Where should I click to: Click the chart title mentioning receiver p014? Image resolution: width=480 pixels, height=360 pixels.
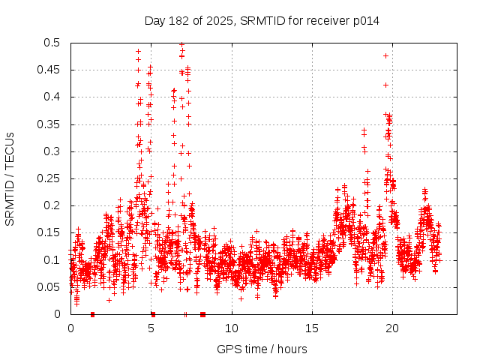[x=262, y=21]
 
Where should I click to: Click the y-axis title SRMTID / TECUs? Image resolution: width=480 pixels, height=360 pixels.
[x=10, y=178]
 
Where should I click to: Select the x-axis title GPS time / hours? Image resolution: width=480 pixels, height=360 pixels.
[x=262, y=349]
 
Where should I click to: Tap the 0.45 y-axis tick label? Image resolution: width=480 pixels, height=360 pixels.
[x=51, y=70]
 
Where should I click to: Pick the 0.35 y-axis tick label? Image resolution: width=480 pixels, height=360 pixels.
[x=51, y=124]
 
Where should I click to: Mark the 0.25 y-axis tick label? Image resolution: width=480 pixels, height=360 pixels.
[x=51, y=178]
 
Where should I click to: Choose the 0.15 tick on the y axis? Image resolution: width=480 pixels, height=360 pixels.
[x=51, y=233]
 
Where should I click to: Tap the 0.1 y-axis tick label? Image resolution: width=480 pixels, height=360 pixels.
[x=54, y=260]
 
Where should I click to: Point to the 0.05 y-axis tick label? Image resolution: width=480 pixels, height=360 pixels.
[x=51, y=287]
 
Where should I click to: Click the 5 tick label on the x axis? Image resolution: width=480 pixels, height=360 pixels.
[x=151, y=328]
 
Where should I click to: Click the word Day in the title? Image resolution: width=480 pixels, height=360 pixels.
[x=154, y=21]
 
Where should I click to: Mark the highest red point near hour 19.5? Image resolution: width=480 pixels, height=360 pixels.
[x=385, y=55]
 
